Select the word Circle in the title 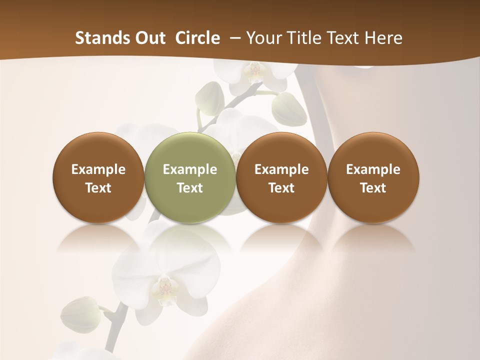197,38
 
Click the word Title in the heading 305,38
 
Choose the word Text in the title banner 344,38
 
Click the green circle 190,177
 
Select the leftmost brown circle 98,177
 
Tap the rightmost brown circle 373,177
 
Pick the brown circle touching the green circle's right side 281,177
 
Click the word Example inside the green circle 190,169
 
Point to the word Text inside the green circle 190,188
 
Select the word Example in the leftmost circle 98,169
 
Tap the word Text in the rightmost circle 373,188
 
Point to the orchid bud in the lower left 80,314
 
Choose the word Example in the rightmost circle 373,169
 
